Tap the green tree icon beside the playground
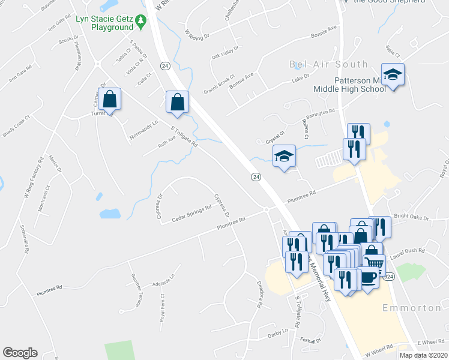[141, 22]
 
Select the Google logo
[20, 353]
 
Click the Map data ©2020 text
[424, 355]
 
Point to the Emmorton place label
[412, 308]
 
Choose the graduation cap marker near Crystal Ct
[285, 157]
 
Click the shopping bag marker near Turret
[110, 100]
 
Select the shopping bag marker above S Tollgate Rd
[178, 102]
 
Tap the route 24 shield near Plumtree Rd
[256, 176]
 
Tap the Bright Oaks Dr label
[411, 217]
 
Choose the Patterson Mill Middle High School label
[349, 85]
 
